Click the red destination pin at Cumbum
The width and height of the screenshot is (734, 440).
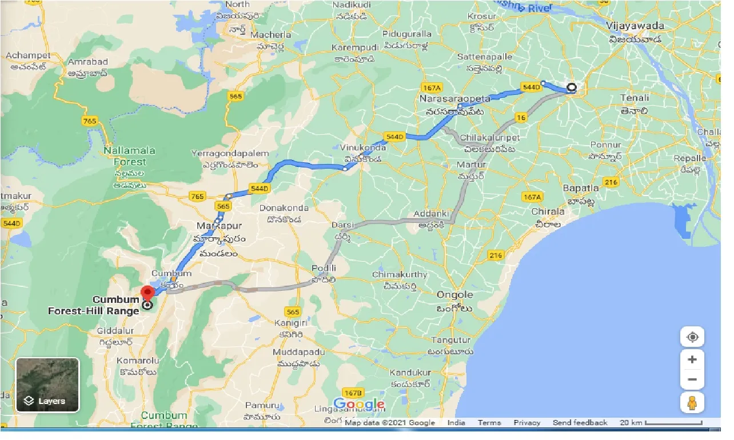tap(147, 293)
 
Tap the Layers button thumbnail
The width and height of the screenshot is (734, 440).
tap(47, 385)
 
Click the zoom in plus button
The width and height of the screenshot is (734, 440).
tap(692, 359)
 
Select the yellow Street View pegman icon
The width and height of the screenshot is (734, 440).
tap(692, 402)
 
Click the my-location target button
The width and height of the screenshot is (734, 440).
tap(692, 337)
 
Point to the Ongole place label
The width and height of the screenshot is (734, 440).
tap(454, 295)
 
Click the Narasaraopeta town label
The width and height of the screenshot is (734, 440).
tap(452, 99)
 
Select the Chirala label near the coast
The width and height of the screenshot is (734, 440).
tap(548, 211)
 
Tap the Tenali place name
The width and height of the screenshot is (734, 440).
tap(635, 98)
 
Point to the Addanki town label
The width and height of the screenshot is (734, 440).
tap(432, 214)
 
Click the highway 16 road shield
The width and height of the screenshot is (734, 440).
tap(520, 118)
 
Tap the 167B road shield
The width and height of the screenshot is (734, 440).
tap(354, 393)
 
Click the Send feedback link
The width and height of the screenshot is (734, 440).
tap(580, 423)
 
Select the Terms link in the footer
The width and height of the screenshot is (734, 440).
tap(489, 423)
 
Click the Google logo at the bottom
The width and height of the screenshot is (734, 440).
tap(358, 405)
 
